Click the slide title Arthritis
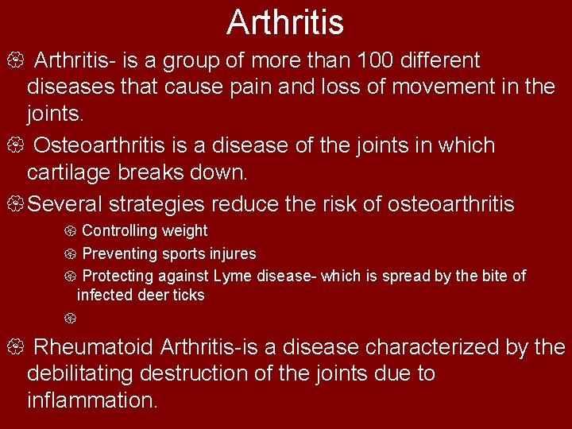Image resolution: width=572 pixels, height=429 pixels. click(285, 22)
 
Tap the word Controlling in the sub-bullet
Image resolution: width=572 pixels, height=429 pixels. click(121, 231)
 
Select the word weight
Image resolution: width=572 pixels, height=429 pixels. click(185, 231)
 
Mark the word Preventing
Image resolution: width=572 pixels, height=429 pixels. click(120, 254)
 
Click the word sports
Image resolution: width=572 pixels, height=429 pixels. click(183, 254)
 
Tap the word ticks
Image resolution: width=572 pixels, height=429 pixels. click(189, 296)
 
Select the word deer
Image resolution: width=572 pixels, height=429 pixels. click(154, 296)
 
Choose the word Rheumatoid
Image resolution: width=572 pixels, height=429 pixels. click(95, 347)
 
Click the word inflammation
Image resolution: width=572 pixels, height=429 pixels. click(92, 400)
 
